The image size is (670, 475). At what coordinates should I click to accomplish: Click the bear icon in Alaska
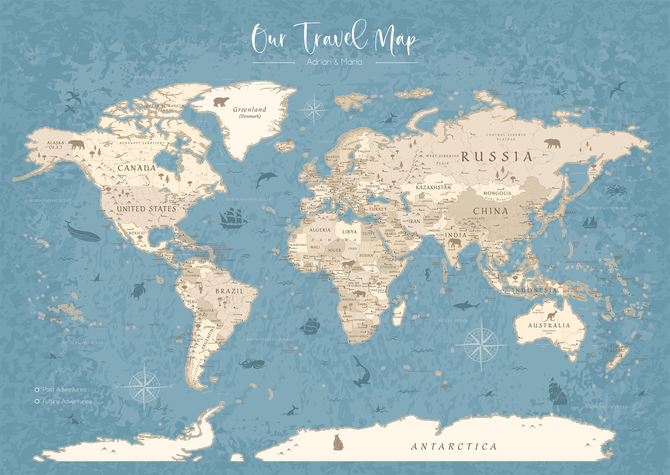coord(76,144)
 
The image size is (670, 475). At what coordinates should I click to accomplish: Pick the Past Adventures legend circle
coord(37,390)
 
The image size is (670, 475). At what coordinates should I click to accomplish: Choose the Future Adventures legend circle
coord(37,402)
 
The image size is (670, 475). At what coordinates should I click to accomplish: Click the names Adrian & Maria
coord(334,62)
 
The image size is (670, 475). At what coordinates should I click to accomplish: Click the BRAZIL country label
coord(229,291)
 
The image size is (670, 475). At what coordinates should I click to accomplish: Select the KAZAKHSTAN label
coord(434,187)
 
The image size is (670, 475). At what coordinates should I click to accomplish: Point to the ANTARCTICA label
coord(454,446)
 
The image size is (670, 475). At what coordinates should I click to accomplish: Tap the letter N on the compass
coord(144,360)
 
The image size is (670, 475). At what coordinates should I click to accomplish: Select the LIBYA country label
coord(349,232)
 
